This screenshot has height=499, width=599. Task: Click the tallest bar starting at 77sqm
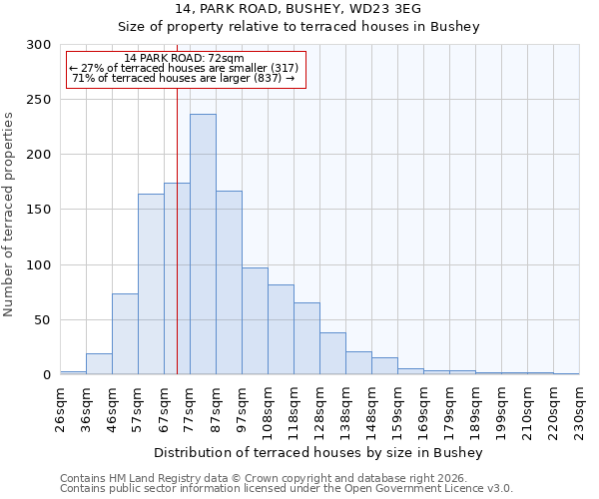coord(203,245)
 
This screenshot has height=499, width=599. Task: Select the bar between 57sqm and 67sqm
coord(151,284)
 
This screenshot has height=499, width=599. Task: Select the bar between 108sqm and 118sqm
coord(281,329)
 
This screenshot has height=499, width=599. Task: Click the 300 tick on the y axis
coord(39,45)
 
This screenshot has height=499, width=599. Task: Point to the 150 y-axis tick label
coord(39,210)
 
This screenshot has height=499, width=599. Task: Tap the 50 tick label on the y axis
coord(43,320)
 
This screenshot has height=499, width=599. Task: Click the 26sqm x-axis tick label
coord(61,407)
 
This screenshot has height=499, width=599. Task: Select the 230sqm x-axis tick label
coord(580,407)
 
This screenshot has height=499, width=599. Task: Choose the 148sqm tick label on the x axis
coord(372,407)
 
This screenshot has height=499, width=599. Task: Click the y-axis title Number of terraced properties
coord(9,215)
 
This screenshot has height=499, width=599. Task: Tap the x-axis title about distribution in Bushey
coord(318,452)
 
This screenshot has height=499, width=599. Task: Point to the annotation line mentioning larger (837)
coord(184,78)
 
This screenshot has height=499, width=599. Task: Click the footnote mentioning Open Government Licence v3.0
coord(287,489)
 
